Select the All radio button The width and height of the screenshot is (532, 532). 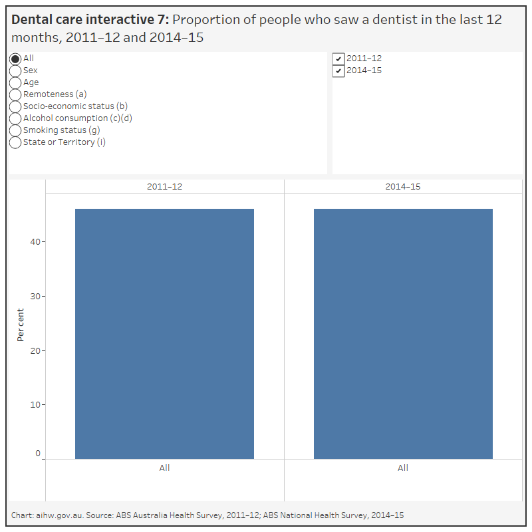(15, 59)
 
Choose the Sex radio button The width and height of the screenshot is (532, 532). (15, 71)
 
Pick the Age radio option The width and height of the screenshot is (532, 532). (15, 83)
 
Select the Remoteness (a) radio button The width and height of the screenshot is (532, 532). (15, 95)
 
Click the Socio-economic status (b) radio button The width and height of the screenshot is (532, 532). (15, 107)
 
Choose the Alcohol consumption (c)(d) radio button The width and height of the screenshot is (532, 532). (15, 119)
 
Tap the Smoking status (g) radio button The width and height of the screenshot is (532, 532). (15, 131)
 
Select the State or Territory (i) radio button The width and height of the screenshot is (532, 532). (15, 143)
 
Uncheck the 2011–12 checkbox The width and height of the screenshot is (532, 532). (338, 59)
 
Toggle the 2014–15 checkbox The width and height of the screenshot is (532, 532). (338, 71)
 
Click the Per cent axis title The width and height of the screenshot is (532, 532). (21, 325)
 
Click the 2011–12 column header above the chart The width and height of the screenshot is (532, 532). (164, 187)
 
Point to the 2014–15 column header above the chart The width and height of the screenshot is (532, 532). (403, 187)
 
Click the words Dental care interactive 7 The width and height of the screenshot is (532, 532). (90, 20)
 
